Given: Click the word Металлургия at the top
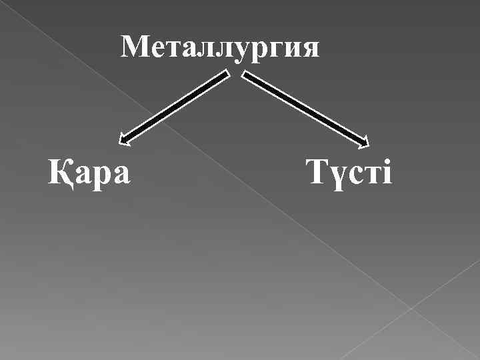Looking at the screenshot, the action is click(x=221, y=47).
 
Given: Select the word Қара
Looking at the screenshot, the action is click(x=89, y=173).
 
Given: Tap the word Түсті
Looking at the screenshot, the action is click(x=350, y=173).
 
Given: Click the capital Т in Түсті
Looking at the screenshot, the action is click(x=315, y=172).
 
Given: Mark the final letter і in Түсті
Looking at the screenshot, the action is click(x=387, y=173).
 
